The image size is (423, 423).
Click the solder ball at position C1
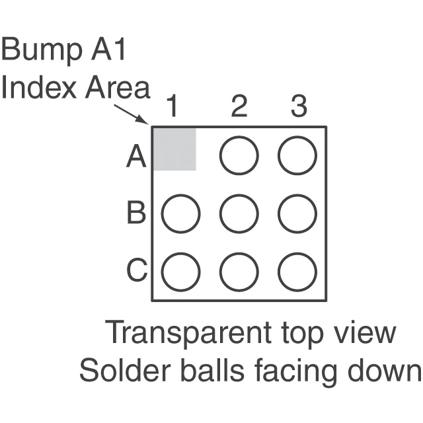pyautogui.click(x=180, y=272)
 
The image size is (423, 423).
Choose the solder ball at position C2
pyautogui.click(x=239, y=272)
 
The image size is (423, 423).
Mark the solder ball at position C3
pyautogui.click(x=297, y=272)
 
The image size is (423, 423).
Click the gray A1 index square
pyautogui.click(x=174, y=149)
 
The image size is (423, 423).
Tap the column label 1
pyautogui.click(x=173, y=106)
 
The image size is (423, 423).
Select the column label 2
pyautogui.click(x=238, y=106)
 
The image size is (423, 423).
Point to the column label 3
pyautogui.click(x=298, y=106)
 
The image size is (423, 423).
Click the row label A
pyautogui.click(x=135, y=158)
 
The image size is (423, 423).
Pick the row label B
pyautogui.click(x=136, y=214)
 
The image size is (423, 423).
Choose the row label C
pyautogui.click(x=136, y=271)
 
